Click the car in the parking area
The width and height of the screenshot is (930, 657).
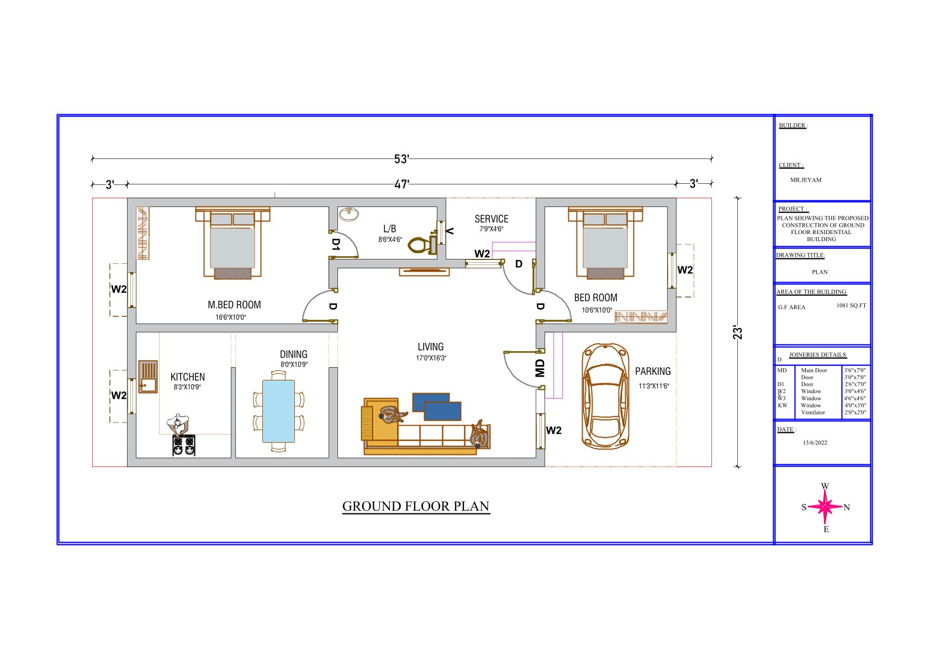[x=605, y=396]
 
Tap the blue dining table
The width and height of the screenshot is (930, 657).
[x=278, y=411]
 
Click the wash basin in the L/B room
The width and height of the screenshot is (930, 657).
[x=349, y=214]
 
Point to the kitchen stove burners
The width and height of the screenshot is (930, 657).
[x=184, y=445]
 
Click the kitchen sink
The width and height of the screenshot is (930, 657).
[x=148, y=377]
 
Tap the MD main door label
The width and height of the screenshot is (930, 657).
[x=540, y=368]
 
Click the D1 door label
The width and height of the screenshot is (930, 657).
[x=336, y=245]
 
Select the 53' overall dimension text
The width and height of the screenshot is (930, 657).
[x=401, y=159]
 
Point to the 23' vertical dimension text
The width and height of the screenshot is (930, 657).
[x=737, y=332]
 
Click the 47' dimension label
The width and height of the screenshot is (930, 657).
[x=401, y=184]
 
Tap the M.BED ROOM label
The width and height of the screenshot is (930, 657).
[x=234, y=305]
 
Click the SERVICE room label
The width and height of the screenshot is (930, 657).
[x=492, y=219]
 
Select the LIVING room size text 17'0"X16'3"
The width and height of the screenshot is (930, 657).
[x=431, y=358]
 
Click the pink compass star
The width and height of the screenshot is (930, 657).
[x=825, y=507]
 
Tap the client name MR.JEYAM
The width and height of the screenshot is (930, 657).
[x=806, y=180]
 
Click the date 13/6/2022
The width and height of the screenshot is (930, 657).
[x=815, y=442]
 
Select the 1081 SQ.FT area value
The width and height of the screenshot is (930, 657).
[x=851, y=305]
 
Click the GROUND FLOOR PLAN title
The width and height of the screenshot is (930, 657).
[x=416, y=506]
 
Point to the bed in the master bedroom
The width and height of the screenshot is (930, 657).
[x=232, y=243]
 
